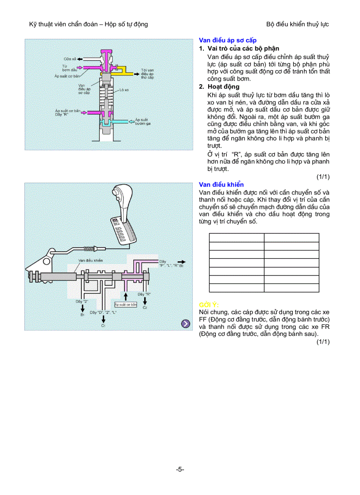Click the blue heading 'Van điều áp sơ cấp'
(228, 40)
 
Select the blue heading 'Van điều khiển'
(221, 185)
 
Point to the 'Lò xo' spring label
(124, 89)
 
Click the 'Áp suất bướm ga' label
(143, 122)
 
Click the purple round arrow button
(186, 324)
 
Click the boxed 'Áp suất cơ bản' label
(126, 304)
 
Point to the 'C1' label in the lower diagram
(103, 325)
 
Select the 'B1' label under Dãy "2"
(82, 315)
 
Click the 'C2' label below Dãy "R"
(145, 308)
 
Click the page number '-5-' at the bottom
(180, 469)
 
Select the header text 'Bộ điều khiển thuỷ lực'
(297, 24)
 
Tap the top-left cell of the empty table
(236, 238)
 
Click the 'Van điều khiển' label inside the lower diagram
(90, 261)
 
